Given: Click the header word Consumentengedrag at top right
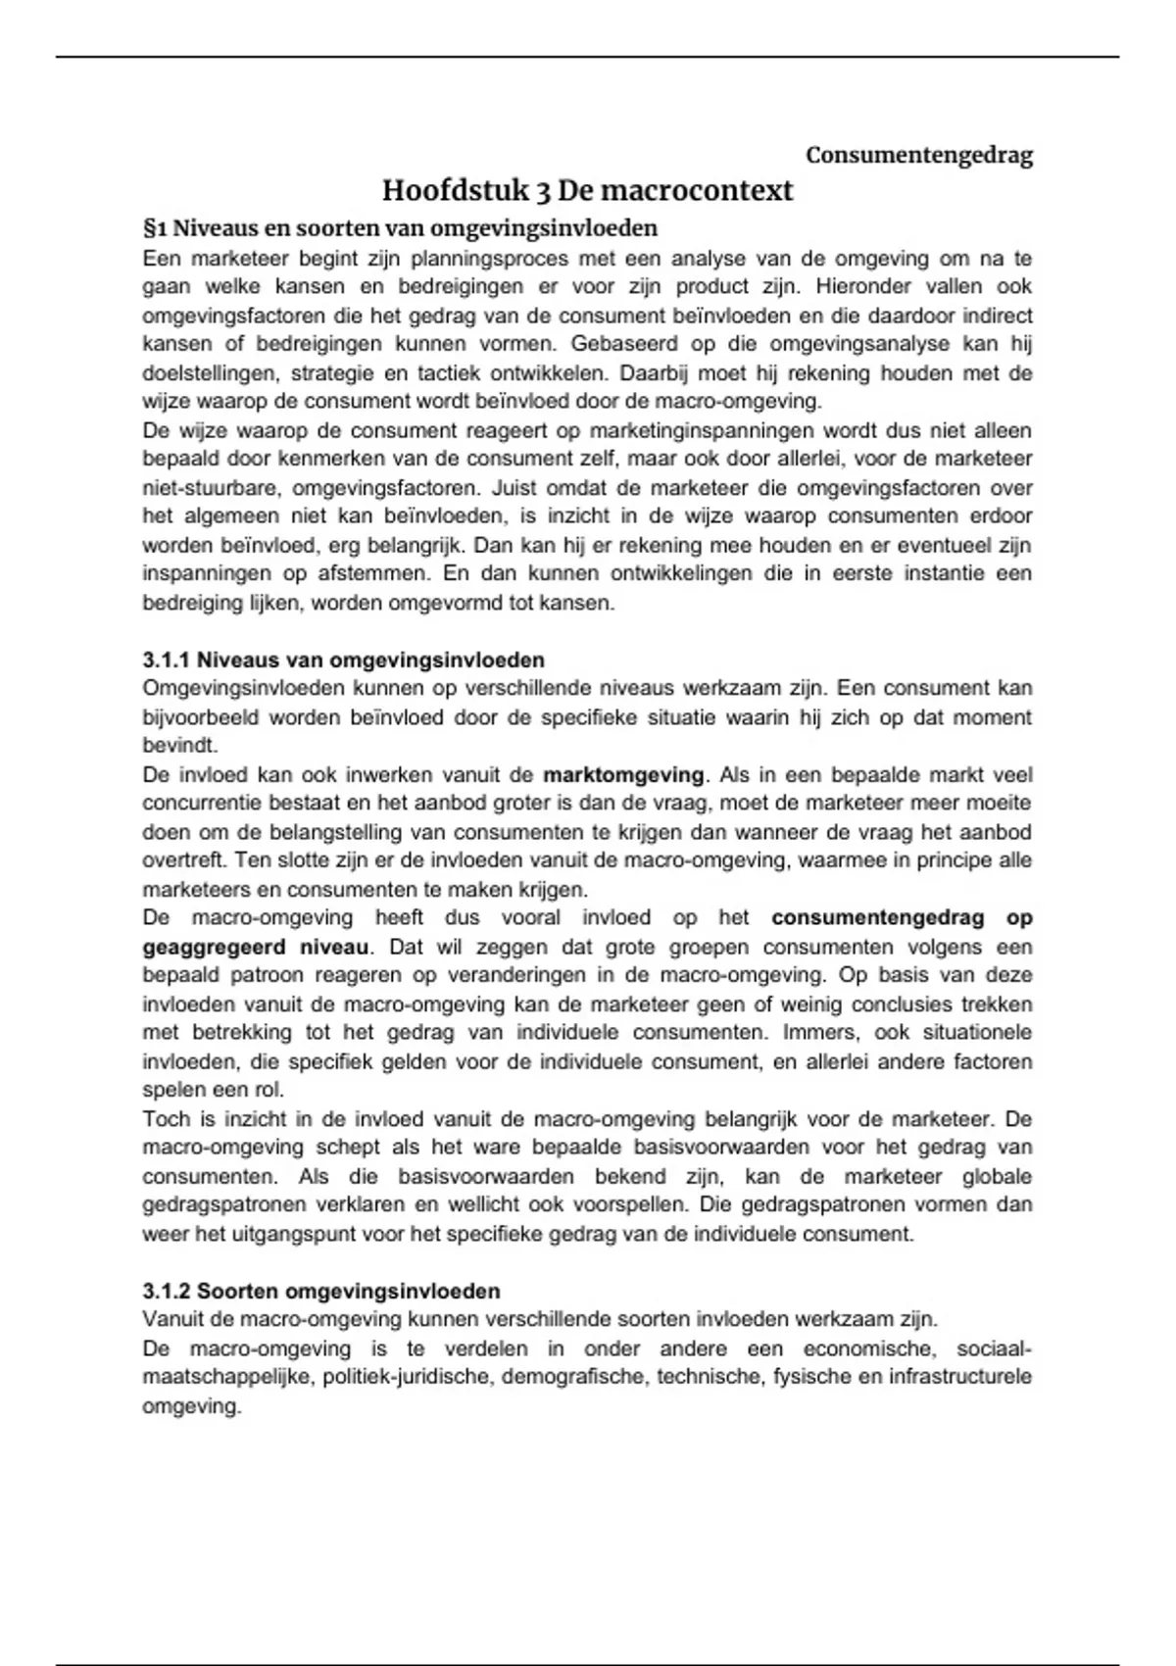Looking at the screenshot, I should (x=918, y=155).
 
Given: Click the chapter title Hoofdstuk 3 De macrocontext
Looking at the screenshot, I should (x=587, y=190).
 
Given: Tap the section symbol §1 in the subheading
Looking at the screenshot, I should (x=156, y=228).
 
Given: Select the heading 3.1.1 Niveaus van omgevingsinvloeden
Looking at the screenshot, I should (x=343, y=660).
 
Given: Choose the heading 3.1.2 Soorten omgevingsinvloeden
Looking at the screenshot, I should (x=321, y=1291).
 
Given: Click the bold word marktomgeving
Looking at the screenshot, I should (x=623, y=775).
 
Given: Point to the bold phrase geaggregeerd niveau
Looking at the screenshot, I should (x=256, y=948).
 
